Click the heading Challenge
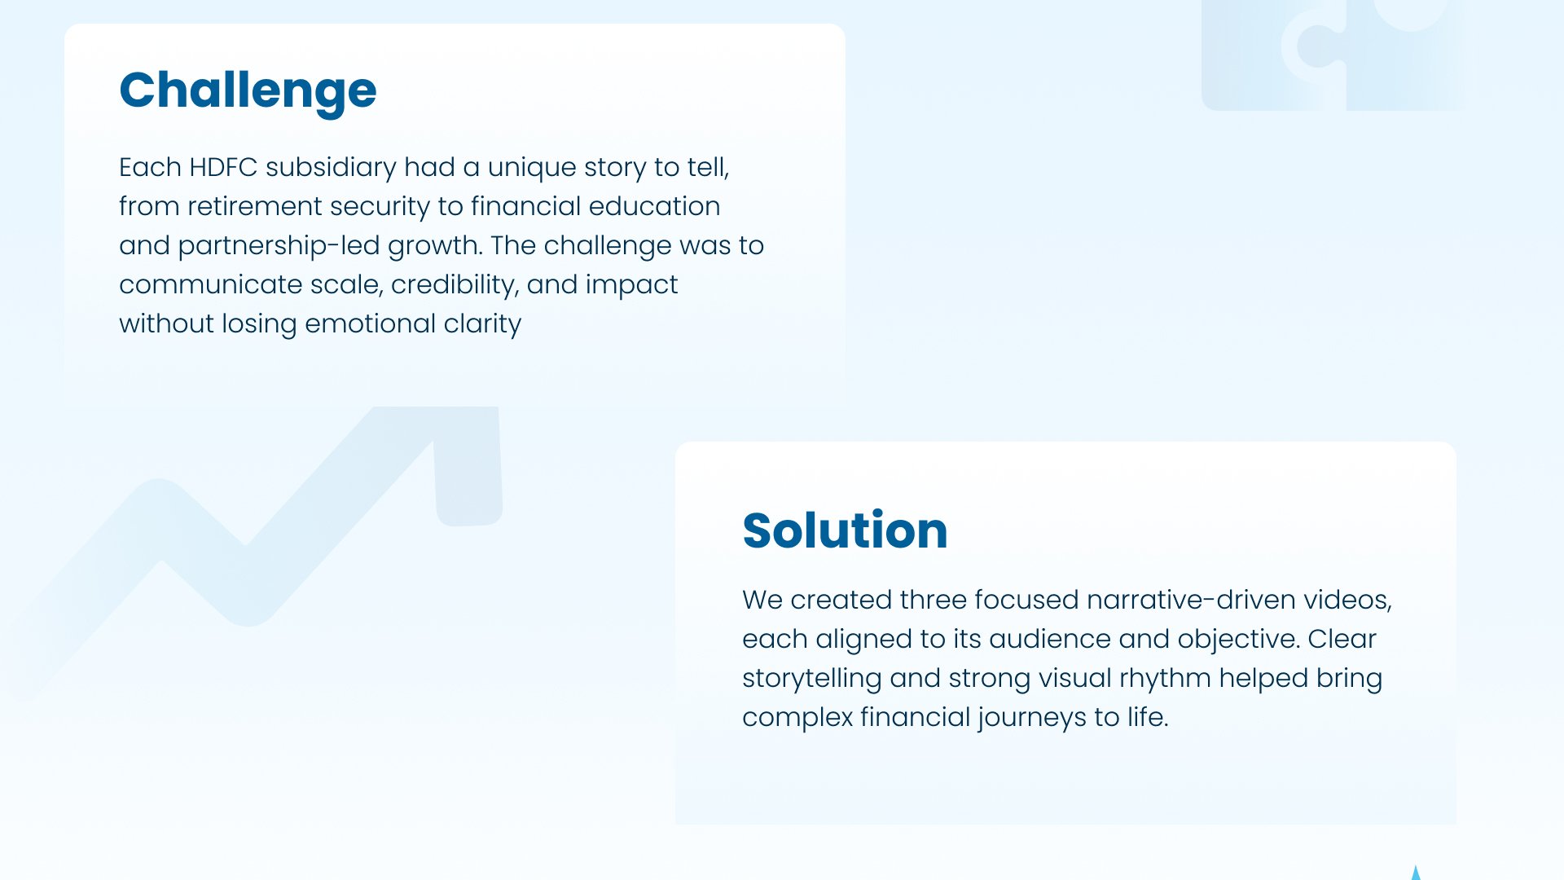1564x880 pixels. [248, 91]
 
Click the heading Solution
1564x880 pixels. [845, 530]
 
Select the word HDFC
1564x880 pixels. [223, 167]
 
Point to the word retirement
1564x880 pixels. [255, 206]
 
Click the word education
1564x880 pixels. [654, 206]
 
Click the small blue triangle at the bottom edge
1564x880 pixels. [1416, 873]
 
